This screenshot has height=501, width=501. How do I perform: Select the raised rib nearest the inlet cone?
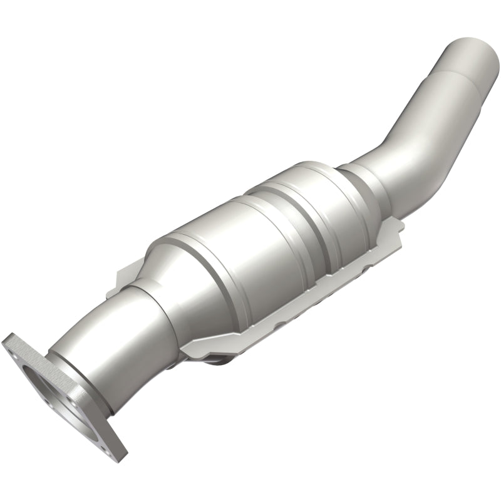[188, 244]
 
